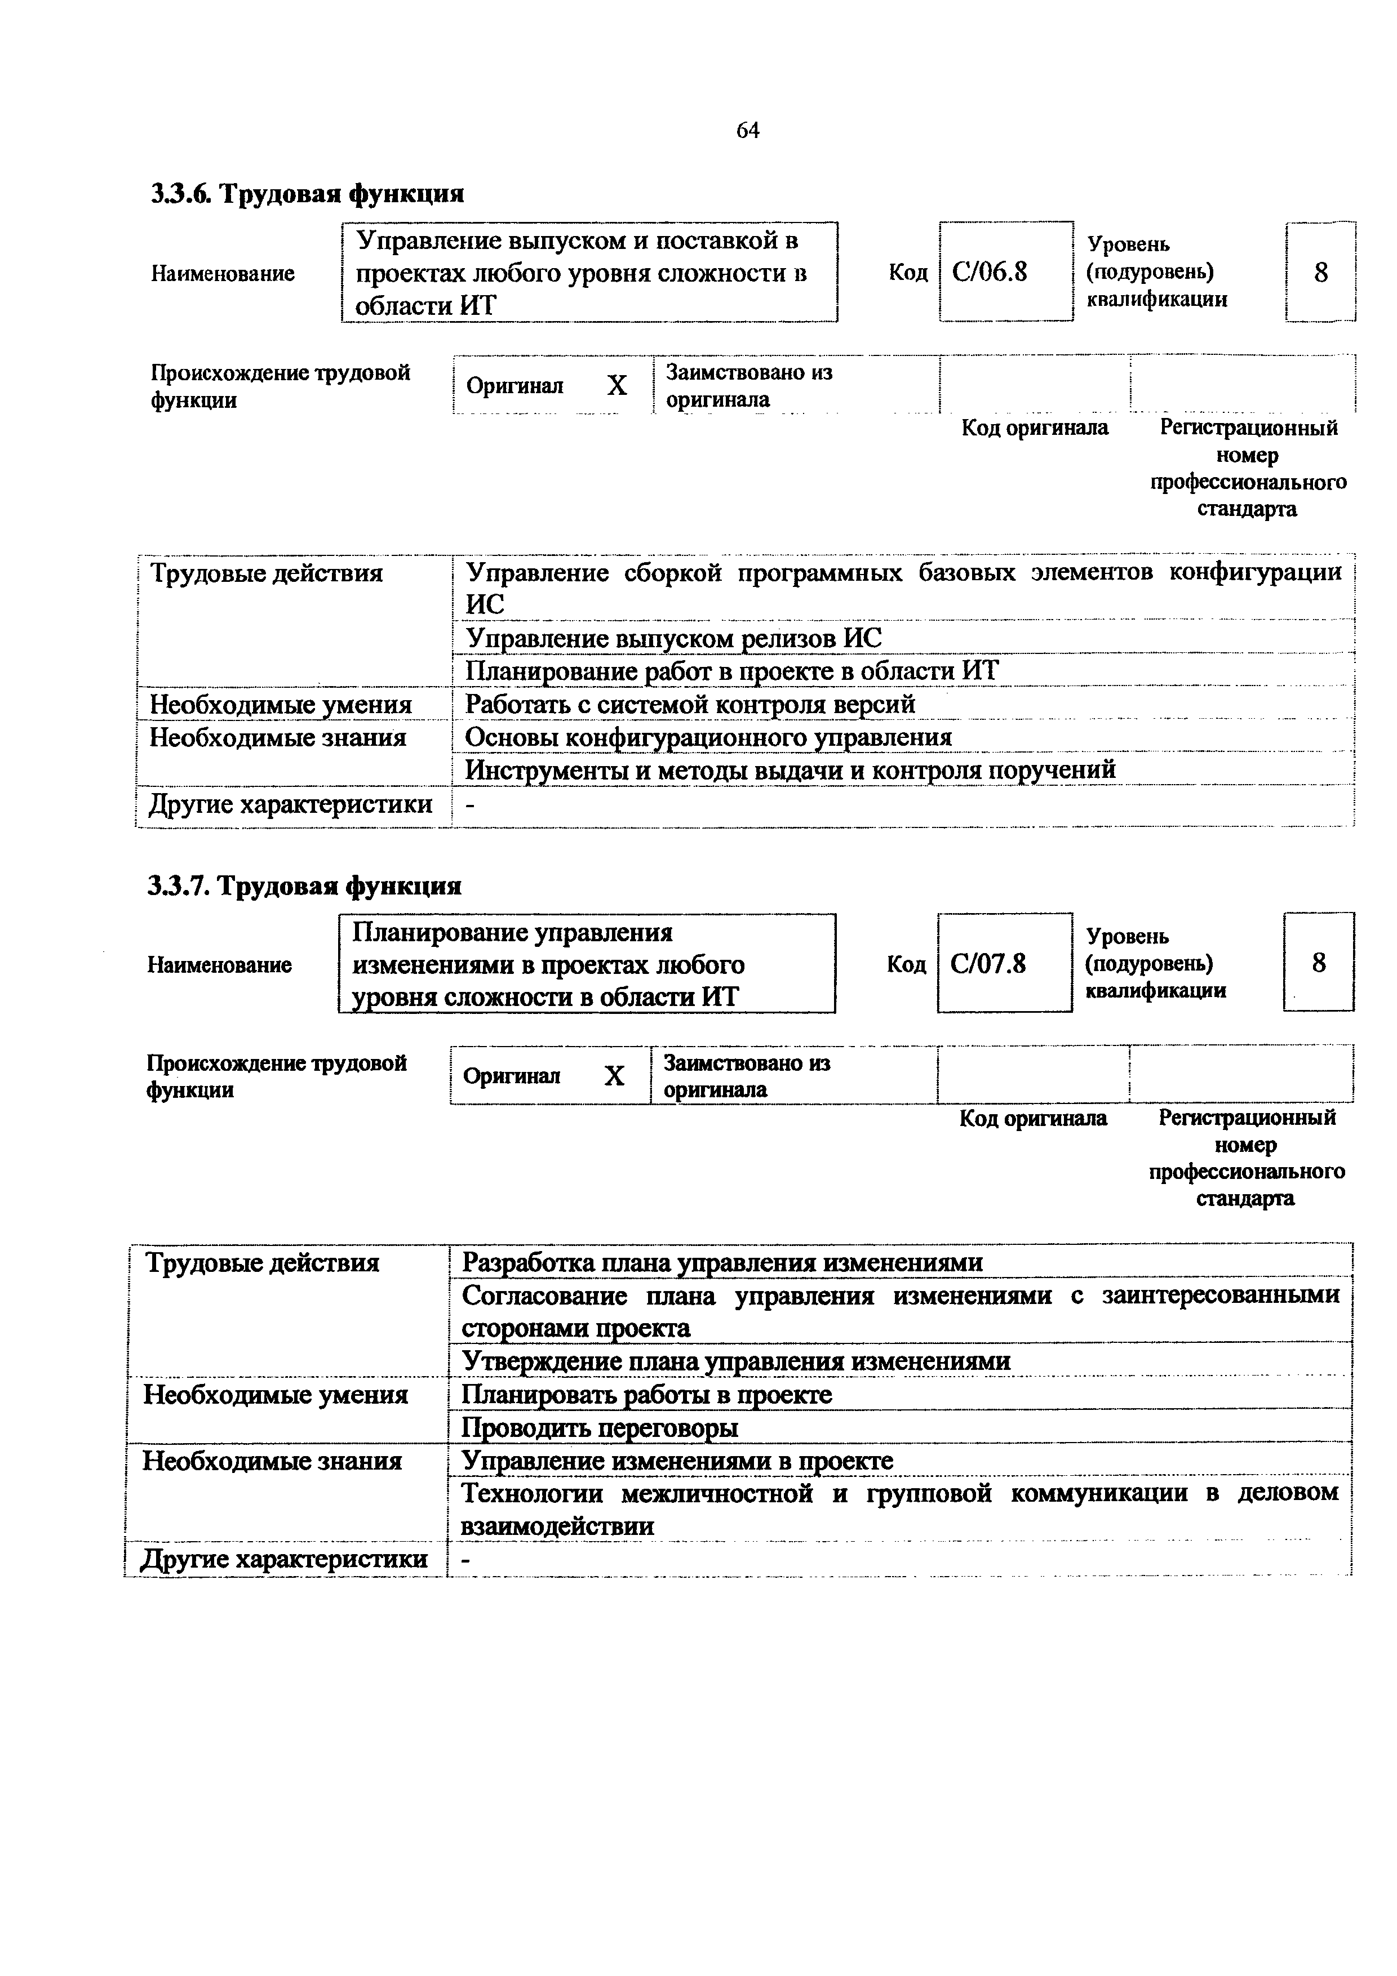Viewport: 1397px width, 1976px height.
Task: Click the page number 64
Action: [747, 131]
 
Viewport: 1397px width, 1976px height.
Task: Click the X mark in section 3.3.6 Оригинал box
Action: [617, 385]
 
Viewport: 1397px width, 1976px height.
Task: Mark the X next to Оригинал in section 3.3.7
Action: [614, 1076]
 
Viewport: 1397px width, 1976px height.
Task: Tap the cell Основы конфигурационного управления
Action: [708, 737]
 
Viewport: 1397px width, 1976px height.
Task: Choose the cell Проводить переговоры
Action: [600, 1428]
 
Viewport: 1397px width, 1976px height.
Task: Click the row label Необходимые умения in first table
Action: [281, 705]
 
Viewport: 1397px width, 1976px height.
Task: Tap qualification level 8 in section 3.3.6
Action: [1320, 273]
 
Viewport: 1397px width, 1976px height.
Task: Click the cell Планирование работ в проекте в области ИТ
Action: [731, 671]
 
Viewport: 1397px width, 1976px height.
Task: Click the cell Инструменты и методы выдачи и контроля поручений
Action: [790, 769]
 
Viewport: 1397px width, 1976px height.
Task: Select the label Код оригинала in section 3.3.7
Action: [1033, 1118]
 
